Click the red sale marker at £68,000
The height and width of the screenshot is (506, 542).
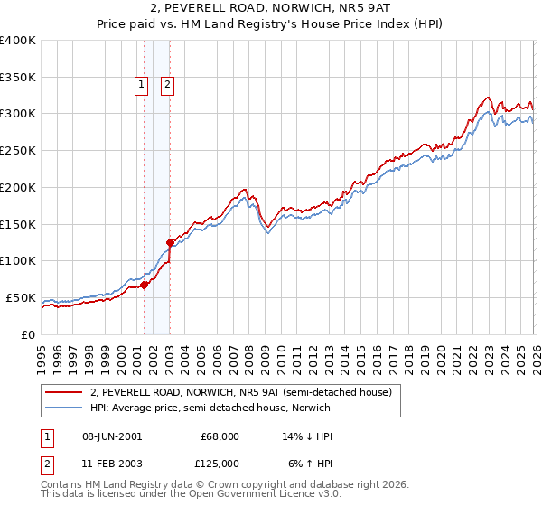point(144,285)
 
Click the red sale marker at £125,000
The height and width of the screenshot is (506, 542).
point(170,242)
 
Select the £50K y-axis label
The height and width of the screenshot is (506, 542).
point(21,297)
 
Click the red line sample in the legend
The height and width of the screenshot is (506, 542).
point(65,393)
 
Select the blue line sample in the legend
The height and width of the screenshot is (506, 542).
point(65,408)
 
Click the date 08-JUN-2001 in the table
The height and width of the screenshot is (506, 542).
point(111,436)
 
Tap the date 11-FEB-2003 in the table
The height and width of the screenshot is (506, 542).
point(111,464)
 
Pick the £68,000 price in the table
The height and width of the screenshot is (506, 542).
point(220,436)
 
